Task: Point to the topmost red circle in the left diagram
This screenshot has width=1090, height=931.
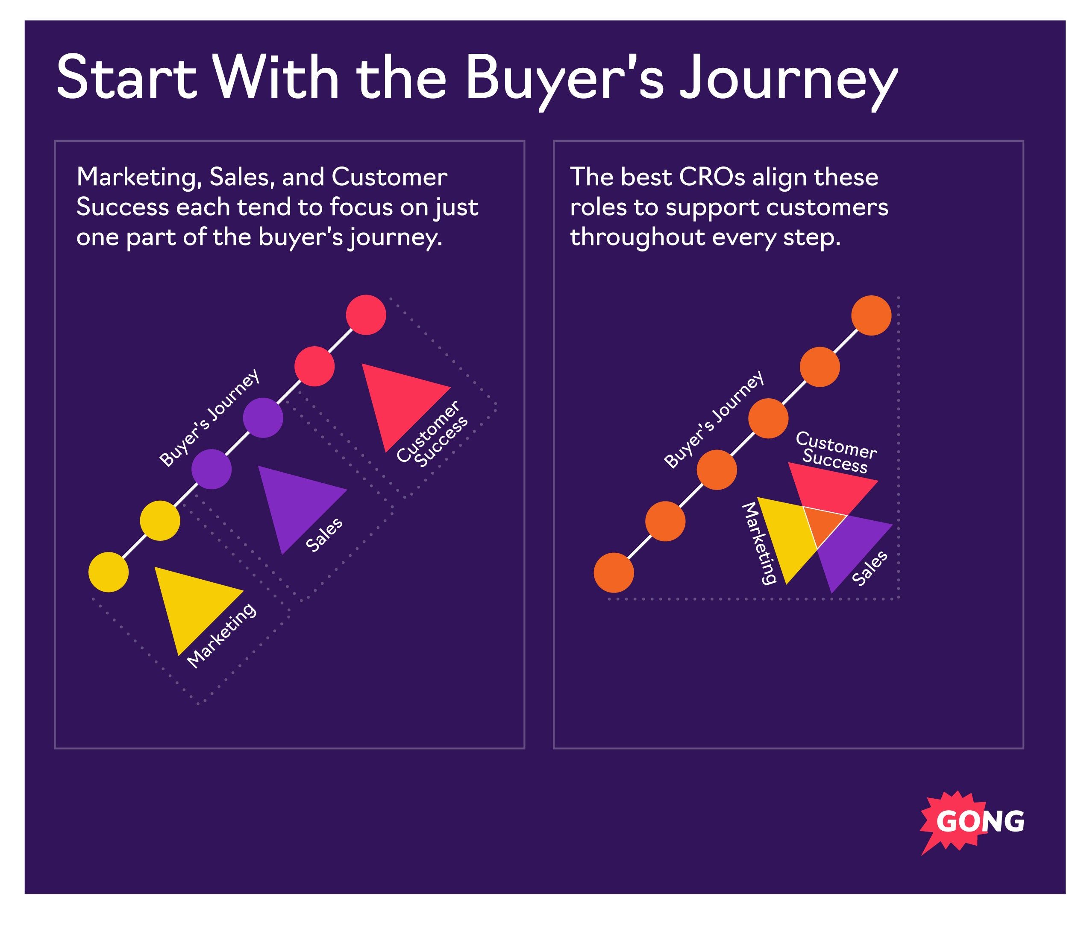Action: (x=366, y=315)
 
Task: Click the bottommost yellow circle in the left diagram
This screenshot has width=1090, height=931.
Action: (x=109, y=572)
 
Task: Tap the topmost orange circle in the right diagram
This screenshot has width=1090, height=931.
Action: (x=871, y=315)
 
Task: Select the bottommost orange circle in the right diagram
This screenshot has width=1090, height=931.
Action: (x=614, y=573)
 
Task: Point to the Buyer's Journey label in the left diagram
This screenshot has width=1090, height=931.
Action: (x=209, y=418)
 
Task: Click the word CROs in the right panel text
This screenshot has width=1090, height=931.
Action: (x=712, y=177)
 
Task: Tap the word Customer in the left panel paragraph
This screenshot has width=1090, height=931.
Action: (x=389, y=177)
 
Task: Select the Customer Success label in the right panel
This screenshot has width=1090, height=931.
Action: (x=835, y=452)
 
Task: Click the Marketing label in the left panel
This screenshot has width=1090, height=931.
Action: (x=222, y=636)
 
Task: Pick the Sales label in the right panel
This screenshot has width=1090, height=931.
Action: (x=870, y=568)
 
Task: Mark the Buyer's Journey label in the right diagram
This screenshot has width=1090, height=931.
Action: (x=714, y=419)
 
